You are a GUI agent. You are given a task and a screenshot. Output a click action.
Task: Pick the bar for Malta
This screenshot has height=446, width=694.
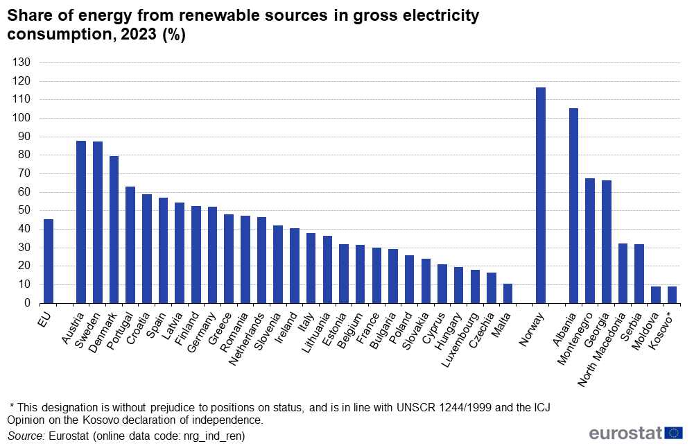coord(508,293)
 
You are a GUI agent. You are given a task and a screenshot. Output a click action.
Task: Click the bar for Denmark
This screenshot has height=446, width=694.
coord(114,230)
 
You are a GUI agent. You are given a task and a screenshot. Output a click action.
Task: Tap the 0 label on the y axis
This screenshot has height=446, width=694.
coord(28,303)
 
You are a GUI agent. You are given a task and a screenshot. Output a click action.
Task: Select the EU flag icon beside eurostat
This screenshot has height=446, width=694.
coord(674,434)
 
